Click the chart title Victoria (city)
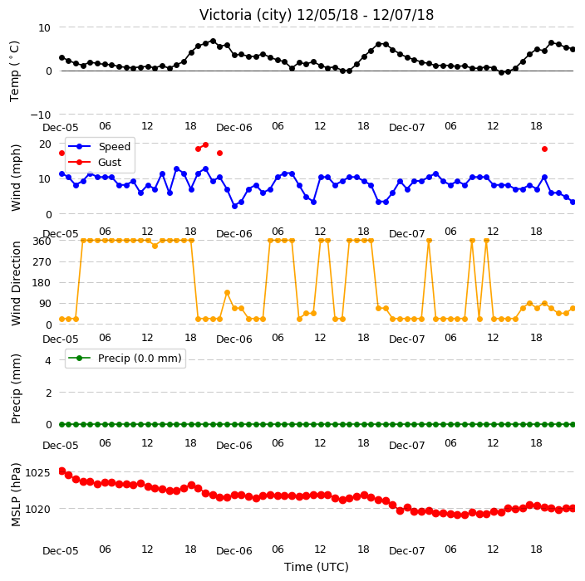click(x=246, y=15)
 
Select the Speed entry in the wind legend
click(x=114, y=146)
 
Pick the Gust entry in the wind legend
click(x=110, y=163)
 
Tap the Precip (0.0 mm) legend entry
click(x=140, y=358)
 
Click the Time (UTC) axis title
click(x=317, y=567)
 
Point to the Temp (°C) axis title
click(x=14, y=71)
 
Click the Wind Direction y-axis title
click(x=16, y=284)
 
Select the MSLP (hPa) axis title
click(x=16, y=495)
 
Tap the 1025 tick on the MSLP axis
click(x=37, y=472)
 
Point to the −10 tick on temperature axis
click(x=40, y=115)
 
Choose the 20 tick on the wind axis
click(x=45, y=144)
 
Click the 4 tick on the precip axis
click(x=48, y=360)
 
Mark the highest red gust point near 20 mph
click(x=205, y=144)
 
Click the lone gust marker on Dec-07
click(x=545, y=149)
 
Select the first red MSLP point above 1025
click(x=62, y=471)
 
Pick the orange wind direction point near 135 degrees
click(x=227, y=293)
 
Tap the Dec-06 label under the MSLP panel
click(x=234, y=551)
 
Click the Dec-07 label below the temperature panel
click(x=406, y=128)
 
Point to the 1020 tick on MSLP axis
click(x=37, y=509)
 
